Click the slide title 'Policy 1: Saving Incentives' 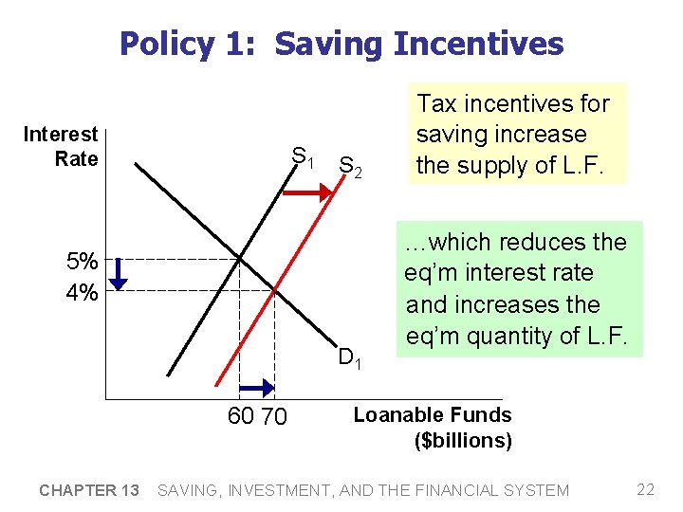click(x=341, y=44)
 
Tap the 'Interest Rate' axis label click(x=61, y=146)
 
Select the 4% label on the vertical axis click(x=82, y=293)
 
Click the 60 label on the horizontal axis click(x=241, y=416)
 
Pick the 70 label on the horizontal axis click(x=274, y=416)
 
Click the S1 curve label click(x=304, y=156)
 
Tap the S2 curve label click(x=350, y=167)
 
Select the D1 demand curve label click(x=350, y=357)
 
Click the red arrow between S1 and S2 click(x=306, y=192)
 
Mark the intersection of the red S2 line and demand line click(x=274, y=290)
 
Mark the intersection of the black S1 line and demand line click(x=239, y=258)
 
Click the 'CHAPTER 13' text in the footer click(x=89, y=490)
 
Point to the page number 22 click(x=646, y=489)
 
